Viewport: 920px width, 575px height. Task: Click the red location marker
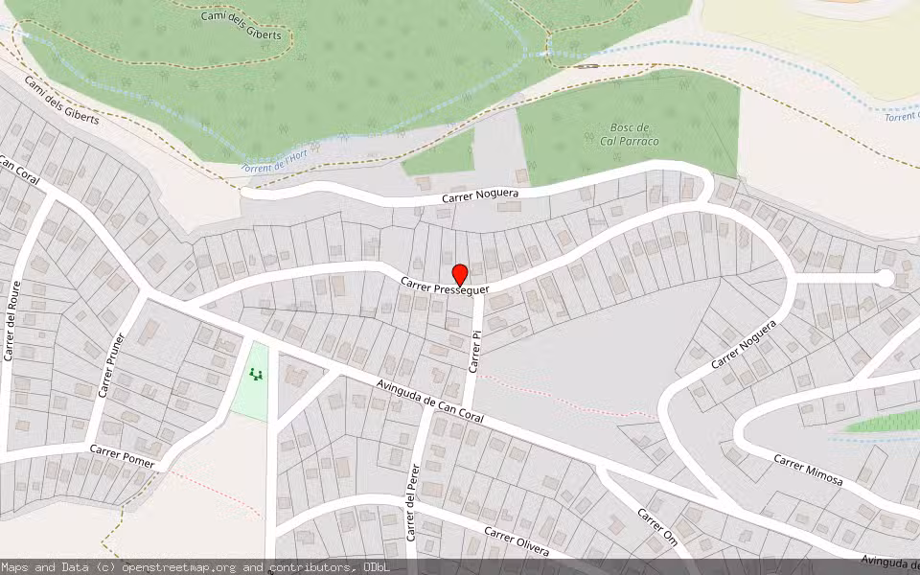click(459, 274)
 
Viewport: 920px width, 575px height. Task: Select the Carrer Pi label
click(474, 351)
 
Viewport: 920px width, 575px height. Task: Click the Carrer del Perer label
click(414, 503)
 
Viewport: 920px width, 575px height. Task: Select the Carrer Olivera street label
click(517, 541)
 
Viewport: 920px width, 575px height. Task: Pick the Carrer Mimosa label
click(808, 470)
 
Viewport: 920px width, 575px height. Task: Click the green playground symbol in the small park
click(255, 374)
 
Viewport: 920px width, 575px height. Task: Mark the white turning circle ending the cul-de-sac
click(885, 278)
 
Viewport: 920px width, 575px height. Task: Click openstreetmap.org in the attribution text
click(191, 567)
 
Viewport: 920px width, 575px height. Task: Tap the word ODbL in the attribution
click(375, 567)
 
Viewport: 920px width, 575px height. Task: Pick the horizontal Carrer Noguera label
click(480, 195)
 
